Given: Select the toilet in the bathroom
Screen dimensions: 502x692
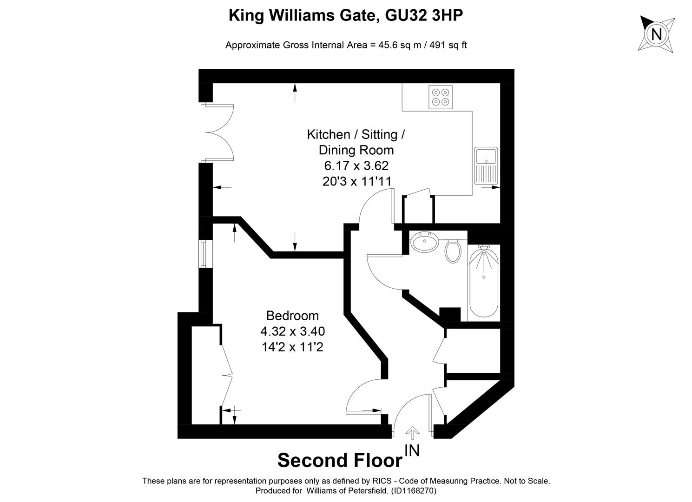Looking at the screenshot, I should point(452,250).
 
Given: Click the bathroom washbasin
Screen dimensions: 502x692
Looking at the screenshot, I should point(424,242).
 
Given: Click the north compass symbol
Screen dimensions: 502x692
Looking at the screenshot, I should point(656,34).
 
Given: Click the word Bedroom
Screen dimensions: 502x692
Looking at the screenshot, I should point(292,316).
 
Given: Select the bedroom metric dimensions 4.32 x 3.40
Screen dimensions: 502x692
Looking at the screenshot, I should point(292,331).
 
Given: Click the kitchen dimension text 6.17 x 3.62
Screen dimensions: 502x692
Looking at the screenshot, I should point(356,165).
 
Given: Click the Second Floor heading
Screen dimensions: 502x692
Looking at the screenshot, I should point(340,460).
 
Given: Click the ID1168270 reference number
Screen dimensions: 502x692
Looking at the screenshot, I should point(413,490).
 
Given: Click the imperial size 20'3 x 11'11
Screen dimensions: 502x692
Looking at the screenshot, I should point(356,181).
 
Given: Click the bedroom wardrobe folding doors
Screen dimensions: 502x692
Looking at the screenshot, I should point(226,367).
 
